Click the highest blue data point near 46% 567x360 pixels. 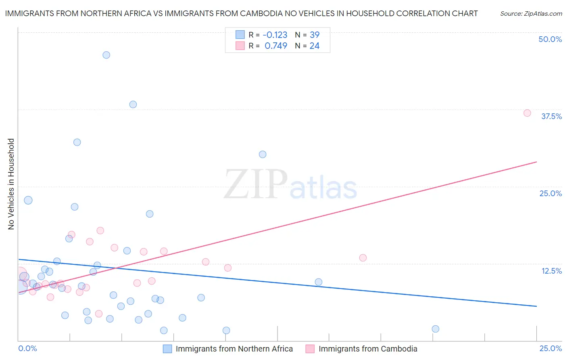[106, 55]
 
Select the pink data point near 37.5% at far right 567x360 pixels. [527, 113]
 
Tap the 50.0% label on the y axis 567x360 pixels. [550, 39]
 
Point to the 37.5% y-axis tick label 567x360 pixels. [551, 116]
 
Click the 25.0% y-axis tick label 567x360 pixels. [550, 193]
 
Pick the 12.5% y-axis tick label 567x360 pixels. [551, 271]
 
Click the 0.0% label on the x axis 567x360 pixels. [28, 348]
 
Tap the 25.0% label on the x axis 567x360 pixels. [550, 348]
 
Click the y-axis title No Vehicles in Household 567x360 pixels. [11, 184]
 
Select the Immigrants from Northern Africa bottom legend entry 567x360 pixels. [234, 349]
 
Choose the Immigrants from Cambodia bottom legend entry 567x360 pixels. [368, 349]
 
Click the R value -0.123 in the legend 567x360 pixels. [275, 35]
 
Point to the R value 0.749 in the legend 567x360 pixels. [276, 46]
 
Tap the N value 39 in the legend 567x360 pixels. [315, 35]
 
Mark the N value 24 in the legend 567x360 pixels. [315, 46]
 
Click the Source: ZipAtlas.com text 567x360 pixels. [531, 13]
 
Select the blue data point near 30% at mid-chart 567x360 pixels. [263, 154]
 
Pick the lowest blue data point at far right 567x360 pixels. [436, 329]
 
